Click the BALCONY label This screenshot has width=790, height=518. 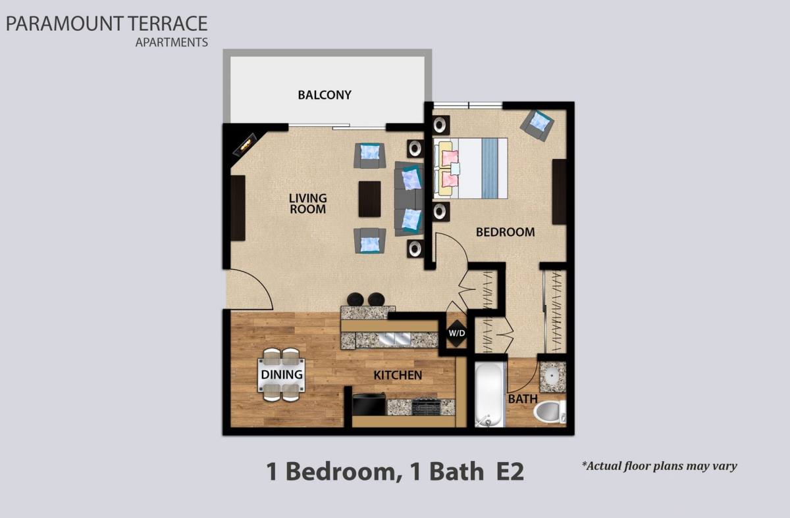pos(325,95)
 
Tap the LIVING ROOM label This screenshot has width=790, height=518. pos(307,204)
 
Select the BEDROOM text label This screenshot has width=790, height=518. pos(505,232)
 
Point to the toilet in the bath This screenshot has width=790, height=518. pos(550,412)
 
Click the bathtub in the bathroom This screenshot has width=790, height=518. pos(490,393)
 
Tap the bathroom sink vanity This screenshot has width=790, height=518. pos(552,376)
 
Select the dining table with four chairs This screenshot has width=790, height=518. pos(282,375)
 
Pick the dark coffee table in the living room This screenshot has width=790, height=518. pos(370,199)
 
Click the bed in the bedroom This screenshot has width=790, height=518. pos(471,168)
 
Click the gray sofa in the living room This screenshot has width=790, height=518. pos(409,199)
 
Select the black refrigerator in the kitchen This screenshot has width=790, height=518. pos(369,405)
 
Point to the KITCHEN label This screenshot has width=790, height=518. pos(398,375)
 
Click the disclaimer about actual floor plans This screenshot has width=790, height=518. pos(659,466)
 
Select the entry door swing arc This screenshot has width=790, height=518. pos(253,289)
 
